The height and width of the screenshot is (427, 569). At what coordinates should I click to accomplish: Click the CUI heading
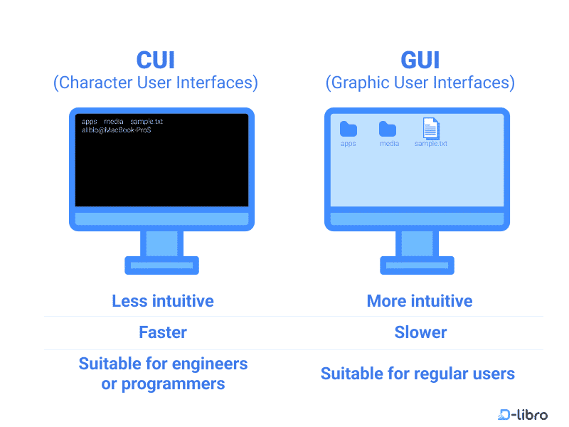click(x=155, y=59)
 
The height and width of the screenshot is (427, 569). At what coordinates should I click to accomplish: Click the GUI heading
click(x=420, y=59)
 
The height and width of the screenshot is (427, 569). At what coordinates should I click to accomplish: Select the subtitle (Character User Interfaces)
click(x=155, y=83)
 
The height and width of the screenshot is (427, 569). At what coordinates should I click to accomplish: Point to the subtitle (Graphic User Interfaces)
click(x=420, y=83)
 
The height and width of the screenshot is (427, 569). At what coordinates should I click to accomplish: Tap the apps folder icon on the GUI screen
click(x=348, y=129)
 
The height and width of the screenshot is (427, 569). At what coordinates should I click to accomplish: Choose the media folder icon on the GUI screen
click(x=388, y=129)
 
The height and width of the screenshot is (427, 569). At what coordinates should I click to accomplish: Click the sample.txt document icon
click(x=431, y=128)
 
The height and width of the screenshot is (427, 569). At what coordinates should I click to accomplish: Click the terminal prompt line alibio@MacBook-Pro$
click(x=116, y=130)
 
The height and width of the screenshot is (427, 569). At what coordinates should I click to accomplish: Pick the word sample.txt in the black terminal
click(x=147, y=122)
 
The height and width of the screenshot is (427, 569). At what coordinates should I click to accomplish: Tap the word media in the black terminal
click(x=114, y=122)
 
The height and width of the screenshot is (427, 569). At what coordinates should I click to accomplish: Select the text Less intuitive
click(x=163, y=301)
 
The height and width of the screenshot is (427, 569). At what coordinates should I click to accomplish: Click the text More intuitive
click(x=420, y=301)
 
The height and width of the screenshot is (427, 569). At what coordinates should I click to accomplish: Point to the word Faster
click(x=163, y=332)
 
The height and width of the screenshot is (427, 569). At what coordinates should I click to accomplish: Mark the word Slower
click(x=420, y=332)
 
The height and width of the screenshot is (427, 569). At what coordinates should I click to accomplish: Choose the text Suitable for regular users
click(x=418, y=374)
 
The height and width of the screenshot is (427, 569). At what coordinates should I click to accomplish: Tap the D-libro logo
click(x=523, y=414)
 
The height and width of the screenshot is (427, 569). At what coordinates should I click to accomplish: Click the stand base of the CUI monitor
click(x=161, y=265)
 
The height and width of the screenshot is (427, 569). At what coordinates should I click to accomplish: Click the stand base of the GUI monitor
click(x=417, y=265)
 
